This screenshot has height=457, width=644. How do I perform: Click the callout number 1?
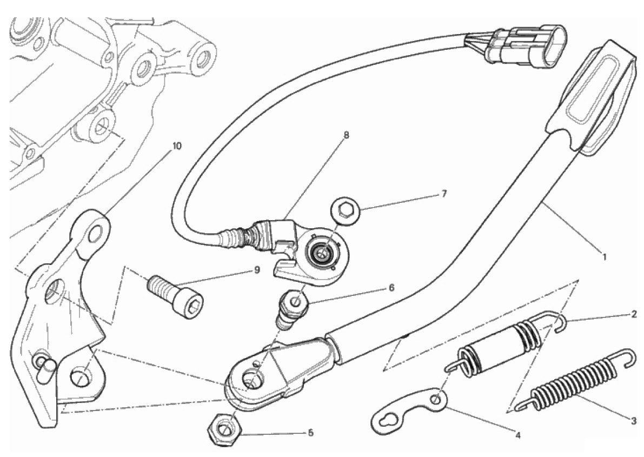pyautogui.click(x=605, y=257)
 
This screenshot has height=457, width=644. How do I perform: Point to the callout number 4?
pyautogui.click(x=518, y=435)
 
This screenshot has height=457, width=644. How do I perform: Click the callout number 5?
pyautogui.click(x=310, y=433)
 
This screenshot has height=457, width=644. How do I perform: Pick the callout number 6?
pyautogui.click(x=391, y=288)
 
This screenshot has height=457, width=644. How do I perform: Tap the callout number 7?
pyautogui.click(x=444, y=194)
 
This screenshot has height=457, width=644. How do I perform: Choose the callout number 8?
pyautogui.click(x=346, y=135)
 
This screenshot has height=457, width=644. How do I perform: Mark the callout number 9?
pyautogui.click(x=257, y=270)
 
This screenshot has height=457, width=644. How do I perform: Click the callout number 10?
pyautogui.click(x=176, y=145)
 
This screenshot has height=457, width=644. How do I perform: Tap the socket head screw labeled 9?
pyautogui.click(x=175, y=294)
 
